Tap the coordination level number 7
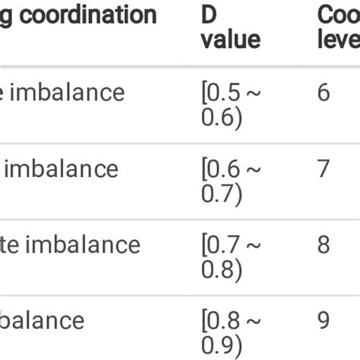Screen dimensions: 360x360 [324, 168]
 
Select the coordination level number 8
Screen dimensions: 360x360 [324, 244]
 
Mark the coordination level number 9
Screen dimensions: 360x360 [324, 321]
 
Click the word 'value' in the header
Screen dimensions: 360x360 [231, 39]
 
